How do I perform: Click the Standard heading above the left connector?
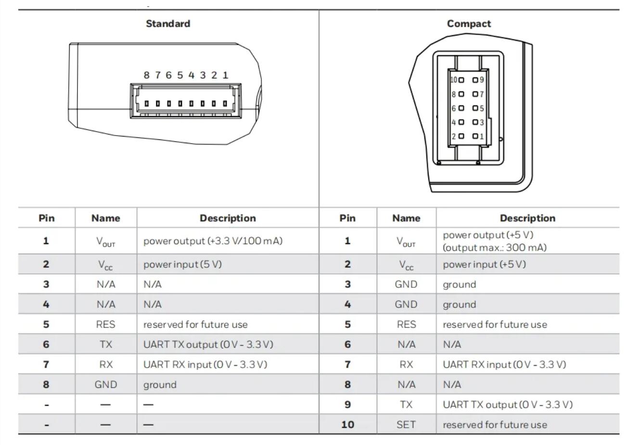tap(168, 24)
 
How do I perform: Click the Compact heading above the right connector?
tap(469, 24)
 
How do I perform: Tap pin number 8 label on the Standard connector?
tap(147, 75)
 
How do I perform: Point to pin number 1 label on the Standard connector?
tap(225, 75)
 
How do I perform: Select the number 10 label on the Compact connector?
tap(453, 80)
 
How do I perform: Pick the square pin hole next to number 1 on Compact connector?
tap(475, 136)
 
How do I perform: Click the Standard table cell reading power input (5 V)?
tap(182, 264)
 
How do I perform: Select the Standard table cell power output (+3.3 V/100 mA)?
tap(213, 241)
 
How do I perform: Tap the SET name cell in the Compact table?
tap(406, 425)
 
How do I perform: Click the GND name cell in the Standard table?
tap(105, 384)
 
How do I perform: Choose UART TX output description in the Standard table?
tap(208, 345)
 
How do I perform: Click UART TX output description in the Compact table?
tap(508, 405)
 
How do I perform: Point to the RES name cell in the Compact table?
tap(406, 324)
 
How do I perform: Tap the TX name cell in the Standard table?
tap(105, 345)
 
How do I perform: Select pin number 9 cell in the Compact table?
tap(347, 405)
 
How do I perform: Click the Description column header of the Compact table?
tap(527, 218)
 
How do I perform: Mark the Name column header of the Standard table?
tap(105, 218)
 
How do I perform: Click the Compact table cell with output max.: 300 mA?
tap(495, 247)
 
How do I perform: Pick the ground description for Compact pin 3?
tap(459, 284)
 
